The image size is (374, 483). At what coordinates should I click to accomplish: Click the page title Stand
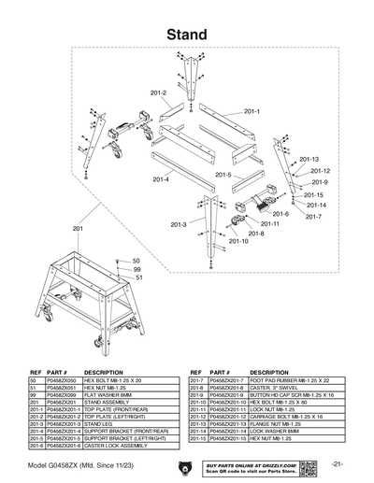(x=187, y=34)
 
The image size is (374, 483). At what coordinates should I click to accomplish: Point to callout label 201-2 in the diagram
(x=157, y=92)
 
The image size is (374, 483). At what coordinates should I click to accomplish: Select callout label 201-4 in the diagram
(x=160, y=178)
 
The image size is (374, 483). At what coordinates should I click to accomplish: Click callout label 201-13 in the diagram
(x=309, y=159)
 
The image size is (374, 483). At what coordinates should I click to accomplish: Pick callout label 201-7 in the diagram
(x=313, y=217)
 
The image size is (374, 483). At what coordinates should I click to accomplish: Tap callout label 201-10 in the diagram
(x=238, y=241)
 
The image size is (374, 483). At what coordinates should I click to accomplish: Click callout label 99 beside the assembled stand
(x=137, y=269)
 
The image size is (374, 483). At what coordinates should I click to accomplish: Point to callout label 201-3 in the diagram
(x=179, y=224)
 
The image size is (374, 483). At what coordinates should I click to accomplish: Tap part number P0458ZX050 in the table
(x=63, y=380)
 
